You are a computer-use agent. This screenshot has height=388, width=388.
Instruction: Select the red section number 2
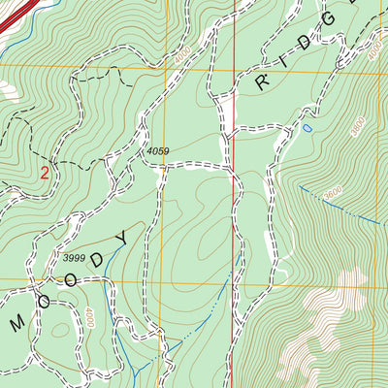click(45, 174)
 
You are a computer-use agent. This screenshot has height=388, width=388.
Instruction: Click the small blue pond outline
click(307, 128)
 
